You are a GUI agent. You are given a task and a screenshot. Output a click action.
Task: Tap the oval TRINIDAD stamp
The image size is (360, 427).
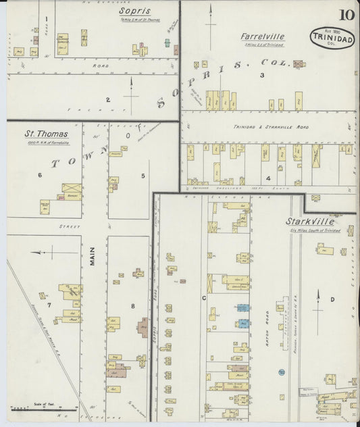pos(333,39)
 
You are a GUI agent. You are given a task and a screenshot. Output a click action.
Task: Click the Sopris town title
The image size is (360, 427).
pos(134,11)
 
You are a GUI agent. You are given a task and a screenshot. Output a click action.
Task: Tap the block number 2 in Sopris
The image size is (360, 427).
pos(107,100)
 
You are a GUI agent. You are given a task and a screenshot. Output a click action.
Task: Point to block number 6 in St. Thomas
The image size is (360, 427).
pos(40,176)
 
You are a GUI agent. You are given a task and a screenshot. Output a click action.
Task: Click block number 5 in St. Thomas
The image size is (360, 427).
pos(143,176)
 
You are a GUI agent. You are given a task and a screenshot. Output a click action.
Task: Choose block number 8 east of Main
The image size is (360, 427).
pos(133,306)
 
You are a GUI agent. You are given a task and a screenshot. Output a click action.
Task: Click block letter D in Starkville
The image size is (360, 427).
pos(332,299)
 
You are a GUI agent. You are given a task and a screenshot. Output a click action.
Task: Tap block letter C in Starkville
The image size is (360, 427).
pos(203,297)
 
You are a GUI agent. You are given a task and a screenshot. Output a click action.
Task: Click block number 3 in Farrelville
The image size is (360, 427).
pos(261,76)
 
